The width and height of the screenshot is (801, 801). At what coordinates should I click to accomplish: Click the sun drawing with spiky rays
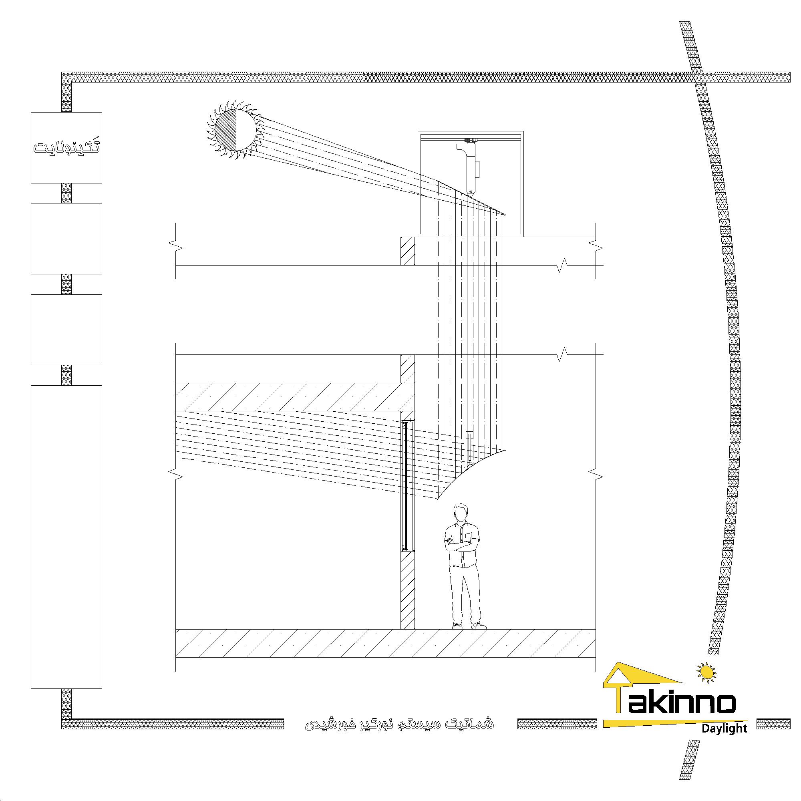235,130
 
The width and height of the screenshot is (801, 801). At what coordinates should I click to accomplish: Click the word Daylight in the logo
724,740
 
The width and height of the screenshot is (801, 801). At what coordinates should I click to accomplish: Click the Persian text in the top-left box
67,147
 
